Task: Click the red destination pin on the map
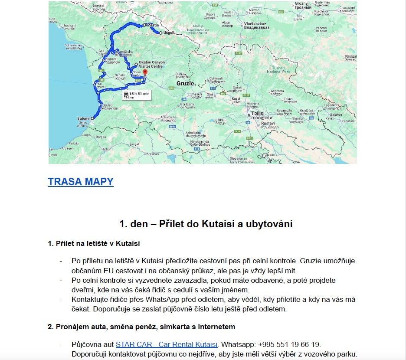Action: pyautogui.click(x=145, y=72)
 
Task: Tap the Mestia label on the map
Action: pyautogui.click(x=154, y=26)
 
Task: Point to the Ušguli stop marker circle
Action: pyautogui.click(x=160, y=33)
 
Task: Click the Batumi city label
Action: pyautogui.click(x=83, y=118)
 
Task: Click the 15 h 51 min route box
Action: pyautogui.click(x=136, y=95)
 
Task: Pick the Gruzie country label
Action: pyautogui.click(x=185, y=83)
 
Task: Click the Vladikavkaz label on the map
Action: pyautogui.click(x=256, y=25)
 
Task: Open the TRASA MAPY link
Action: pyautogui.click(x=81, y=182)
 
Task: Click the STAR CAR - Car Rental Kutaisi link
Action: pyautogui.click(x=166, y=345)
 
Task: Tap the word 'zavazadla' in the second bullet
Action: pyautogui.click(x=206, y=281)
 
